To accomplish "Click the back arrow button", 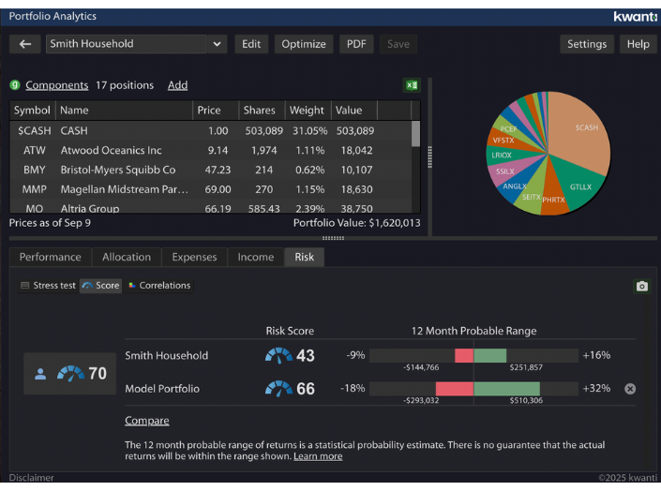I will pyautogui.click(x=25, y=44).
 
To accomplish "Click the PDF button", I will pyautogui.click(x=356, y=44).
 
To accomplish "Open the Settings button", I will pyautogui.click(x=587, y=44).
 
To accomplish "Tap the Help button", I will pyautogui.click(x=638, y=44).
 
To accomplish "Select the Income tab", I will pyautogui.click(x=255, y=257).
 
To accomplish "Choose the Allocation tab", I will pyautogui.click(x=127, y=257).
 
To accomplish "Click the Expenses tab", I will pyautogui.click(x=194, y=257).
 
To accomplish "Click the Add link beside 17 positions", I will pyautogui.click(x=177, y=85).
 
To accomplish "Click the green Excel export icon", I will pyautogui.click(x=412, y=85).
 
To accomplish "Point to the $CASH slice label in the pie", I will pyautogui.click(x=586, y=127).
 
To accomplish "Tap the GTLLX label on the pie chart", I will pyautogui.click(x=580, y=186).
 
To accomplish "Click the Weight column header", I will pyautogui.click(x=307, y=110).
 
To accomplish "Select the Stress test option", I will pyautogui.click(x=49, y=286).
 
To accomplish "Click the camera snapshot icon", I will pyautogui.click(x=642, y=286).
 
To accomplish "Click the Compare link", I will pyautogui.click(x=147, y=421).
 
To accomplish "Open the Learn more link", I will pyautogui.click(x=318, y=456).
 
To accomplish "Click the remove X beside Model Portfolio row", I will pyautogui.click(x=630, y=389).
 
